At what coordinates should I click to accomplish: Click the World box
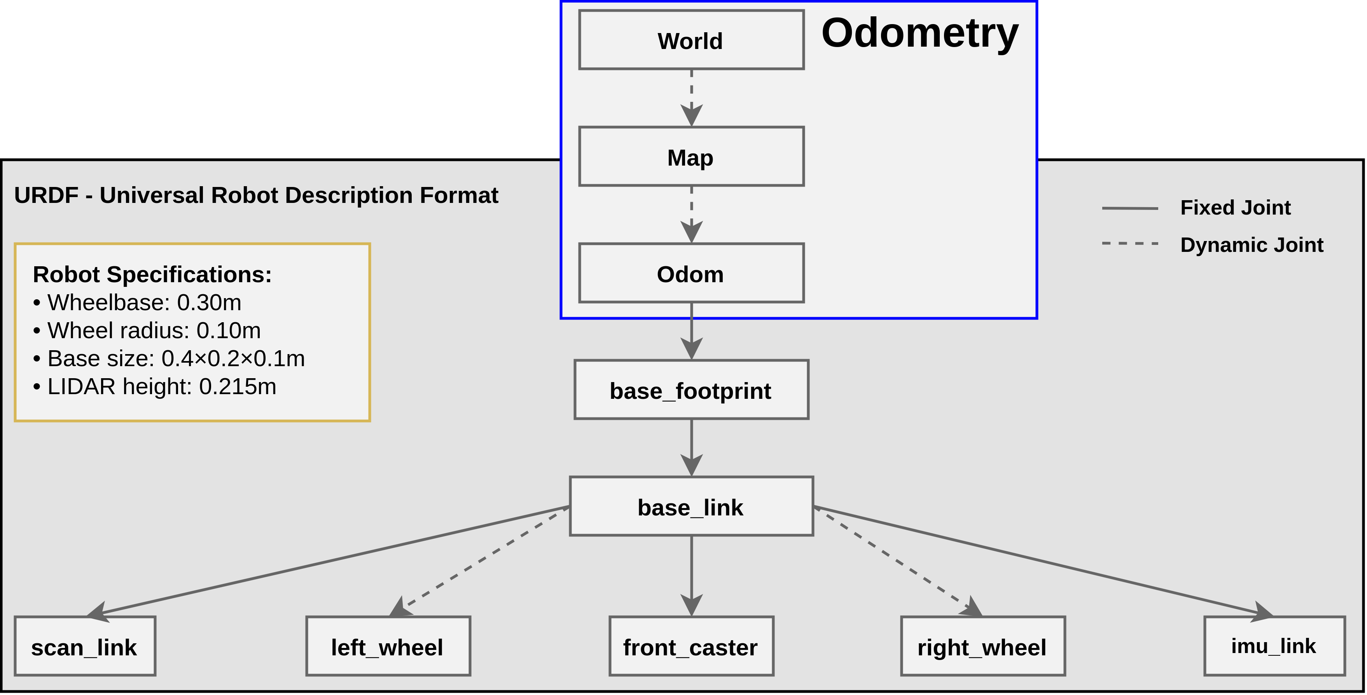(x=691, y=40)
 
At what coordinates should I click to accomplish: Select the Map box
(x=691, y=157)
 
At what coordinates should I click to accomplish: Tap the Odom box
(x=691, y=273)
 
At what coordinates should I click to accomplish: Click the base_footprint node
(x=691, y=390)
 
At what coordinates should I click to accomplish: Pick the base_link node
(x=691, y=506)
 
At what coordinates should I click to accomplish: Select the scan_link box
(x=85, y=646)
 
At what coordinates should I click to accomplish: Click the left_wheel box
(x=388, y=646)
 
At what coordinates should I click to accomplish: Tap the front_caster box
(x=691, y=646)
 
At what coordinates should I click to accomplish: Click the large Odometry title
(x=919, y=33)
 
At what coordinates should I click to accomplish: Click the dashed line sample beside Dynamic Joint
(x=1130, y=243)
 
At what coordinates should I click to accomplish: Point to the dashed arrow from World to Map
(x=691, y=96)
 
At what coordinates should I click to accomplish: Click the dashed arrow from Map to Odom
(x=691, y=212)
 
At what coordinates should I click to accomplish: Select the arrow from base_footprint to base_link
(x=691, y=447)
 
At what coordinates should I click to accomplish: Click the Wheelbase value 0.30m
(x=209, y=303)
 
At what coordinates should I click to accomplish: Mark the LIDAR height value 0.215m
(x=237, y=387)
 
